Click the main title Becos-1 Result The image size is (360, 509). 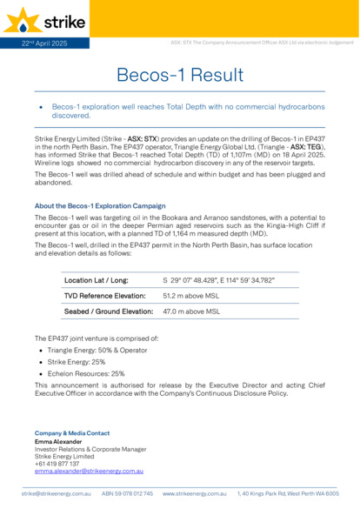click(179, 76)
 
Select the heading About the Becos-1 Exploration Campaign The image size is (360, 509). click(100, 206)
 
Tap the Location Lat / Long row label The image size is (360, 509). click(97, 280)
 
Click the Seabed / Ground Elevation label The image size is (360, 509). click(109, 311)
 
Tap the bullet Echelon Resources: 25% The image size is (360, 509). click(86, 373)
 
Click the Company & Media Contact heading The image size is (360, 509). click(72, 432)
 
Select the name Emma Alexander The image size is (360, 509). click(57, 441)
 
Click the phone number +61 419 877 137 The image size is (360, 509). click(57, 463)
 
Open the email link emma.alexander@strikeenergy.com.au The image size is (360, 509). click(89, 471)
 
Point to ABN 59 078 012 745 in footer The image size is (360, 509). click(127, 493)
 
